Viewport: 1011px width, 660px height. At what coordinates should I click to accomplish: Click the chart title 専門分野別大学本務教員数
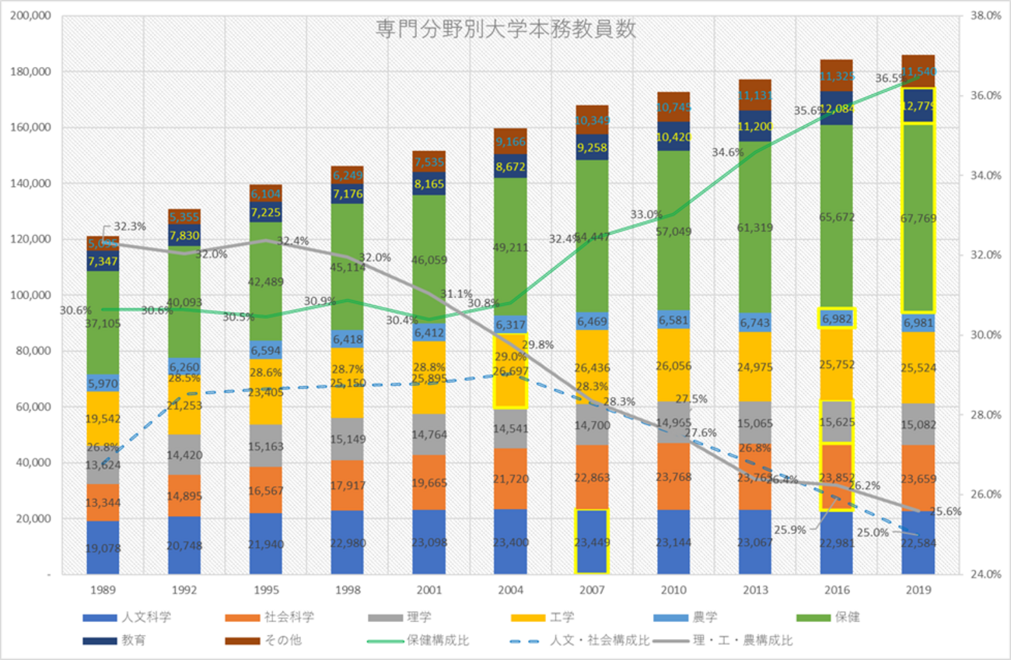[505, 30]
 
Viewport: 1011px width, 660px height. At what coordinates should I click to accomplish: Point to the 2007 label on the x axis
[592, 590]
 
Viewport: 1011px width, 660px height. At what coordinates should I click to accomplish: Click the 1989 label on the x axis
[103, 590]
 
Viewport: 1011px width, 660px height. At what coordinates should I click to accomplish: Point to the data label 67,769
[918, 217]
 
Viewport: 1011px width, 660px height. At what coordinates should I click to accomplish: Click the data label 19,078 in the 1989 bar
[103, 547]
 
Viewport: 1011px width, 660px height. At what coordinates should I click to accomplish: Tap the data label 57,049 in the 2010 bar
[673, 231]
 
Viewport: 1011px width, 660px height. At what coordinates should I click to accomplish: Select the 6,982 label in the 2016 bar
[836, 318]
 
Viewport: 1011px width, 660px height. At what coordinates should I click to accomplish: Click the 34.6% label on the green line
[728, 153]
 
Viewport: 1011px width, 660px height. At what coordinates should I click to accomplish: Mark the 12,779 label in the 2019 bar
[918, 106]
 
